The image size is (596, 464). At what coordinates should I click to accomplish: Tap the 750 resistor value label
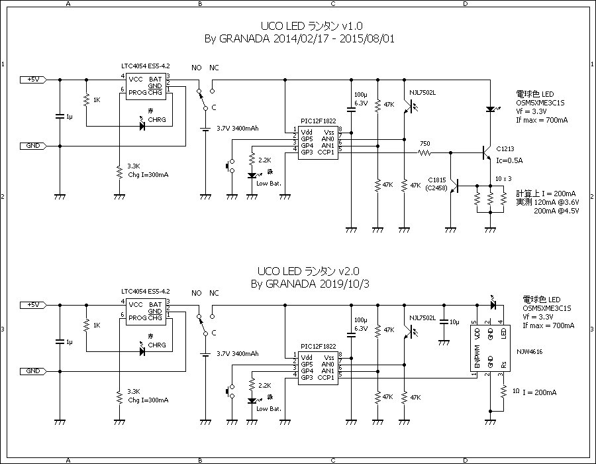424,143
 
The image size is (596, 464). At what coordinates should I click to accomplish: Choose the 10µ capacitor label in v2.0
454,321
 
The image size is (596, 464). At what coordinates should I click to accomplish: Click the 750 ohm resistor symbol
424,154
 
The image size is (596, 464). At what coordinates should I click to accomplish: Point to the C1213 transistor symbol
486,154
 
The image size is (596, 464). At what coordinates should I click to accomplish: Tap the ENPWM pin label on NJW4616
476,361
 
